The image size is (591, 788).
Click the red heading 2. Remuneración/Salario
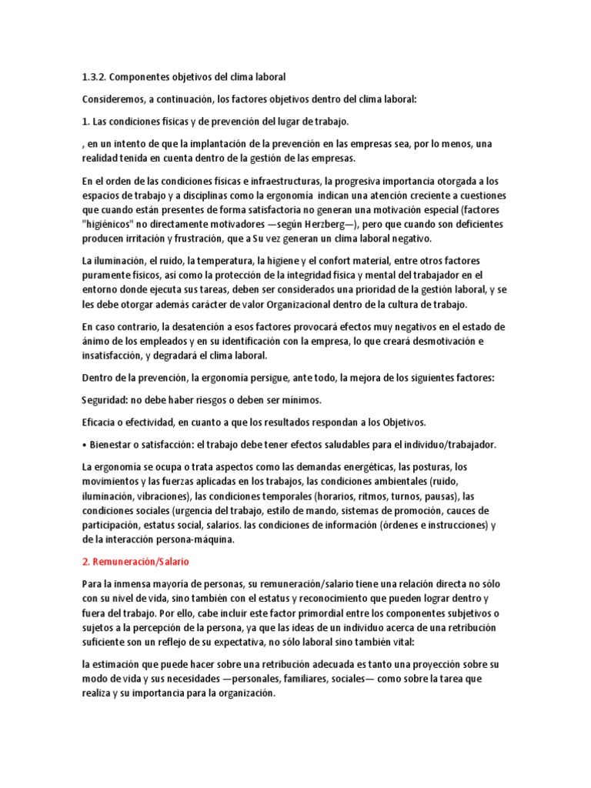pyautogui.click(x=135, y=563)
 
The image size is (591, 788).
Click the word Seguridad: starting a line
pyautogui.click(x=105, y=400)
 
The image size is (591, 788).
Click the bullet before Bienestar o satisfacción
pyautogui.click(x=84, y=445)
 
